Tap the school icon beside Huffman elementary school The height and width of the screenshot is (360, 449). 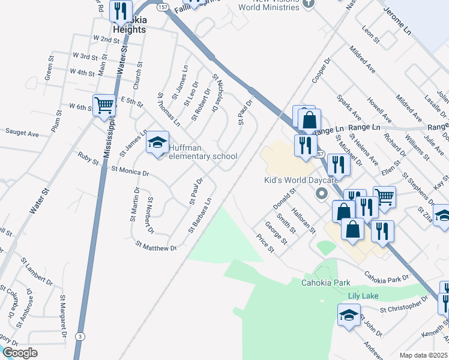pos(158,143)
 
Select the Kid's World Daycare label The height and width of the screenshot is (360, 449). pos(302,180)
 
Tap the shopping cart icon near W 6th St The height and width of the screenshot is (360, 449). pos(104,106)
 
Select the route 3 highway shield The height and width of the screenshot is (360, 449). pos(80,337)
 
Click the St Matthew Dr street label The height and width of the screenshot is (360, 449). pos(156,246)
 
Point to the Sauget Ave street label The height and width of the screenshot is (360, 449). pos(22,131)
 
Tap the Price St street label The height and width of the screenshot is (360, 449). pos(265,244)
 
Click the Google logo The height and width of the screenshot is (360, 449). pos(20,352)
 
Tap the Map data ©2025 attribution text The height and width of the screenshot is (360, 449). pos(423,355)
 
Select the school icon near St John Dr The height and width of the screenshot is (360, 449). pos(349,315)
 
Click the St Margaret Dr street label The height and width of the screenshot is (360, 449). pos(62,314)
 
